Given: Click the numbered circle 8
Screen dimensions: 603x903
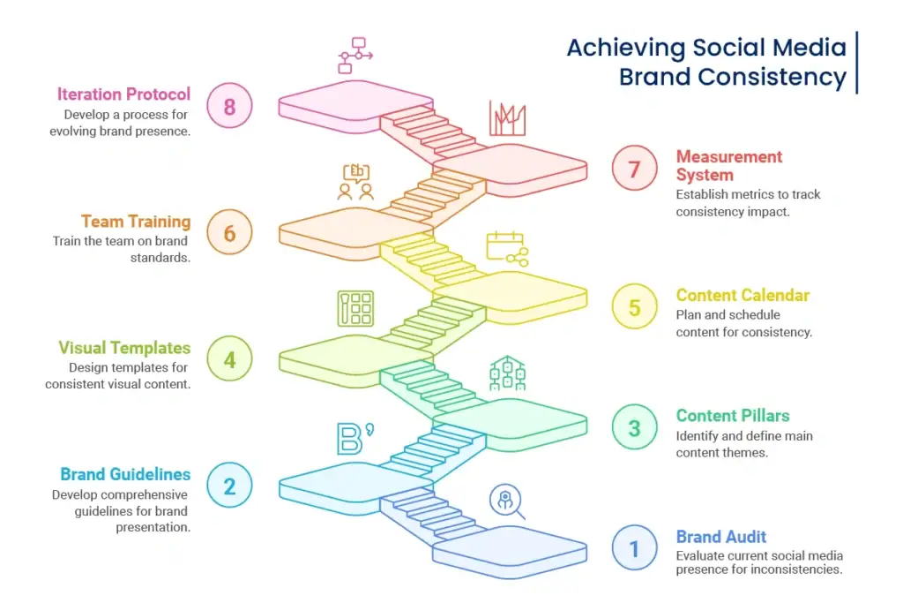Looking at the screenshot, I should [229, 107].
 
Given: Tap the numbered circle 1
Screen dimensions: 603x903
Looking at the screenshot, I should [634, 548].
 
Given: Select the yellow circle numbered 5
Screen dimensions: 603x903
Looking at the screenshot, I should [634, 307].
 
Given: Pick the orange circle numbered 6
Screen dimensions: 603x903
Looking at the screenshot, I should [229, 233].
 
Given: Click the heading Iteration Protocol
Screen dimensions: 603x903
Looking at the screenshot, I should [123, 94].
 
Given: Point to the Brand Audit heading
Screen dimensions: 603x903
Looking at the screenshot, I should [720, 537].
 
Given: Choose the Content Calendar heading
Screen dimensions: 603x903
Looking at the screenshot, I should [743, 295].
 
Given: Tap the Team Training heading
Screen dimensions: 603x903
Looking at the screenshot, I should [136, 222].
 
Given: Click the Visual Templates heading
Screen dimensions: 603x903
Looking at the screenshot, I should [124, 348].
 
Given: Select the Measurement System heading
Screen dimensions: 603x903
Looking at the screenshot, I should [728, 165].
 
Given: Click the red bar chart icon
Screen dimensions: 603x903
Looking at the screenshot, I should [507, 118].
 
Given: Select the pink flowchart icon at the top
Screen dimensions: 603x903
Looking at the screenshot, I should [354, 55].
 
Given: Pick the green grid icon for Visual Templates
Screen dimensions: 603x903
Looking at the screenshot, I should [354, 308].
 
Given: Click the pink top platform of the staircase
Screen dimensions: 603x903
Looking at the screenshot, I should [353, 102].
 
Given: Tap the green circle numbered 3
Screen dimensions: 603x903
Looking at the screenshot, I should [634, 428].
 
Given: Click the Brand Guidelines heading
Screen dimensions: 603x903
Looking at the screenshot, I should [125, 474].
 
